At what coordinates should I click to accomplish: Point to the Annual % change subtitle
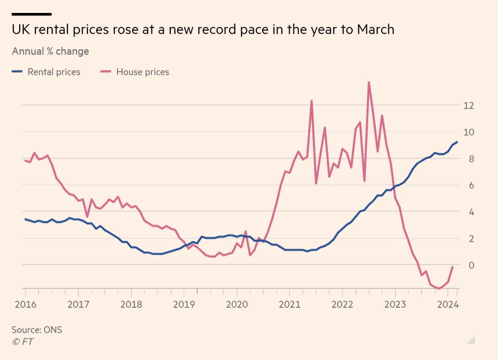pos(50,51)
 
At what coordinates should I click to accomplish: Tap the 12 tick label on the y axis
pos(469,105)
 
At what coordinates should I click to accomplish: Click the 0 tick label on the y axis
pos(466,265)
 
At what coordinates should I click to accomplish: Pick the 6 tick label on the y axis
pos(466,185)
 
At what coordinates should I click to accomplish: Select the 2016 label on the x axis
pos(25,304)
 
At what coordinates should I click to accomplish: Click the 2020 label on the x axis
pos(237,304)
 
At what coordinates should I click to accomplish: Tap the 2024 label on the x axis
pos(448,304)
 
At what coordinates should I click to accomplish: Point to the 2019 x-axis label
pos(184,304)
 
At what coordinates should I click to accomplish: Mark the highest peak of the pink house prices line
pos(369,82)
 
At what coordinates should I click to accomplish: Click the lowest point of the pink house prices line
pos(439,288)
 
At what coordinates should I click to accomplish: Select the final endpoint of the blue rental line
pos(457,142)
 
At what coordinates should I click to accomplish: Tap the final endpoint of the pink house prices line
pos(453,267)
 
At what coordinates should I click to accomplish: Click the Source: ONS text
pos(37,330)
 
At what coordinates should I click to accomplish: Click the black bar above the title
pos(32,14)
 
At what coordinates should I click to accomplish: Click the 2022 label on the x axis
pos(343,304)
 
